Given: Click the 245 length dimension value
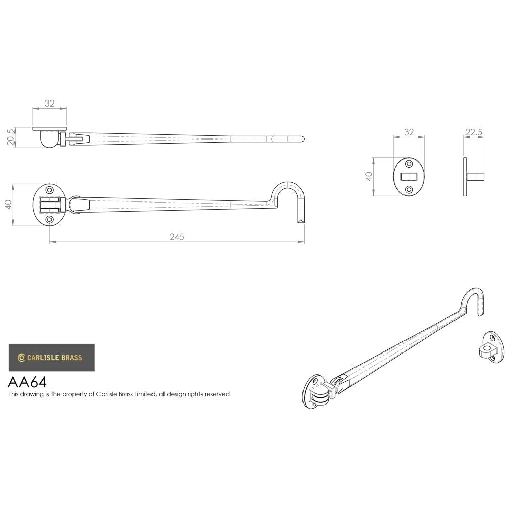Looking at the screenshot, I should coord(177,237).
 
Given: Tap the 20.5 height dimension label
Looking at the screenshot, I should coord(11,137).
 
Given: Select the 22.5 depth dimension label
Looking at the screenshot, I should coord(474,132).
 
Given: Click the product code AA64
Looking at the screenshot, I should coord(27,381).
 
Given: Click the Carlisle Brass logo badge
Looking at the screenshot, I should coord(52,358).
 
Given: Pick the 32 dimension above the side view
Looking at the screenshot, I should coord(49,103).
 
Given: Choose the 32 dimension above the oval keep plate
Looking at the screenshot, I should coord(409,132).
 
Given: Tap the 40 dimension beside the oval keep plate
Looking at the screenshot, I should coord(369,177).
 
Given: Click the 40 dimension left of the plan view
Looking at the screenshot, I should coord(8,205).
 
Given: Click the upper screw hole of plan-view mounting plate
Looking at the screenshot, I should coord(49,190).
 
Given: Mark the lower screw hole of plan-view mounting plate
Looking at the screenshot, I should coord(49,220).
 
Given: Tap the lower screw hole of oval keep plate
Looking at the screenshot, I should coord(409,190).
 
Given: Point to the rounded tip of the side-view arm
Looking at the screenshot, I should coord(301,138).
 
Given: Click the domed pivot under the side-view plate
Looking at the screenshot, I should coord(49,140).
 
